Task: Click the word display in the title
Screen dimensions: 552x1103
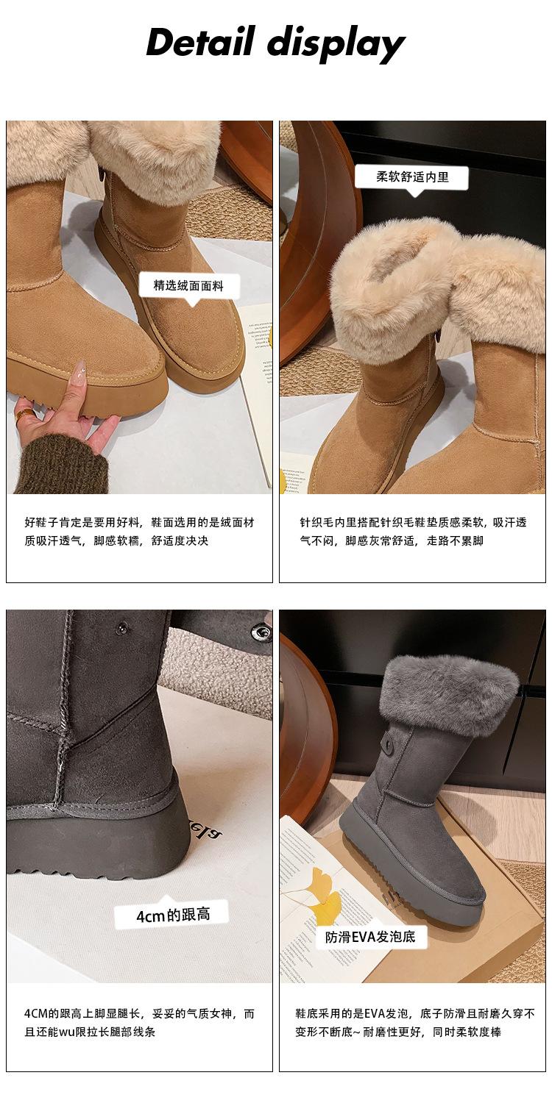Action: tap(336, 44)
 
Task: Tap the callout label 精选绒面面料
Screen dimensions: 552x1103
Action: tap(188, 285)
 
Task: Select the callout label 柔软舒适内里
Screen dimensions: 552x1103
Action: tap(412, 176)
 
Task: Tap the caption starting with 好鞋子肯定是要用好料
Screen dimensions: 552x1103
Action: tap(140, 532)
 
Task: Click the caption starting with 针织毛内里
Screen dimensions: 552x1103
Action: tap(413, 532)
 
